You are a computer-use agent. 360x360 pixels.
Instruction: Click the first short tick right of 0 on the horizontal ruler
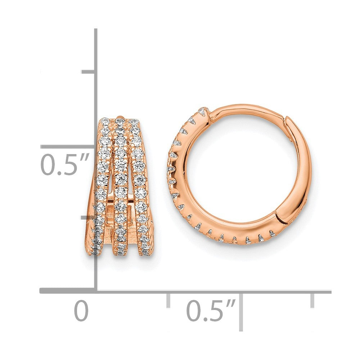[x=168, y=300]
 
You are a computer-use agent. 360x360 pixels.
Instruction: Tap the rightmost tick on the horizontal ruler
[x=312, y=300]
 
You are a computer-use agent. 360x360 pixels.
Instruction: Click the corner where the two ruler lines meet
[x=96, y=291]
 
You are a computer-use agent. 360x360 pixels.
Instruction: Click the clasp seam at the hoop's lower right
[x=278, y=216]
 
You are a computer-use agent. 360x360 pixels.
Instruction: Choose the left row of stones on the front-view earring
[x=102, y=180]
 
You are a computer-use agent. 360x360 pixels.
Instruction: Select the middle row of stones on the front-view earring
[x=121, y=180]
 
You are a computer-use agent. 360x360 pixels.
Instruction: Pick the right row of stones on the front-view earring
[x=140, y=180]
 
